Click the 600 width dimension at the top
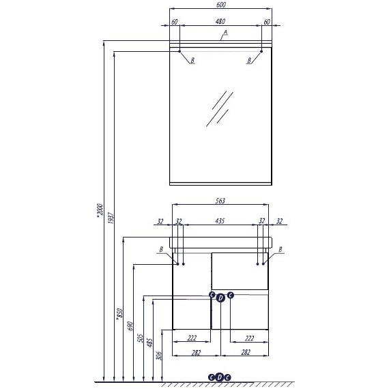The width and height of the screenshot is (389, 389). click(x=221, y=5)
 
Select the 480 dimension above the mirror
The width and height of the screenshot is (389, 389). click(x=220, y=22)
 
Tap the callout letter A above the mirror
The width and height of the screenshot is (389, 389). click(x=225, y=33)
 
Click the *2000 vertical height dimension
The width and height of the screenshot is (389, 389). click(x=100, y=210)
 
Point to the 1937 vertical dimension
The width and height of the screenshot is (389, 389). click(x=111, y=218)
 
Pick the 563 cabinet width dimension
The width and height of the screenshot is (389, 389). click(x=220, y=201)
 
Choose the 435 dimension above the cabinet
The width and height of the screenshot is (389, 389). click(x=220, y=221)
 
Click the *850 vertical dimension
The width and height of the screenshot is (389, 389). click(x=119, y=314)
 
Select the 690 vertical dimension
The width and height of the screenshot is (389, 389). click(x=130, y=326)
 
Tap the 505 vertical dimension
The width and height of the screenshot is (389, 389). click(x=140, y=338)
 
